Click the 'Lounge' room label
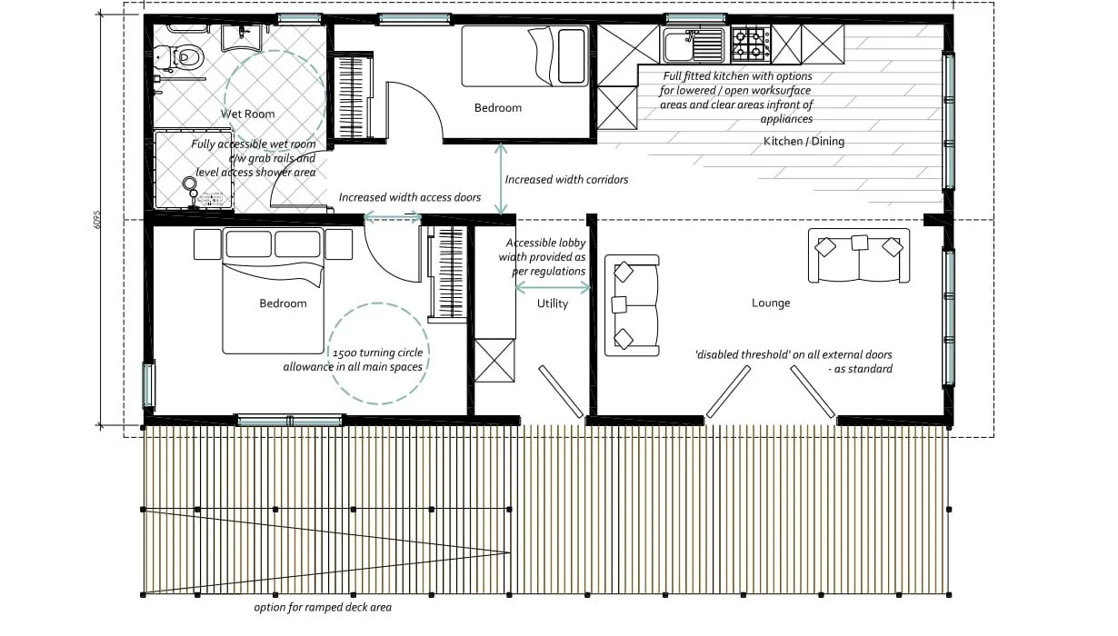771,303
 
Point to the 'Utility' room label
552,303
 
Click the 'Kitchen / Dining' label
804,141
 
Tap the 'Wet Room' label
248,114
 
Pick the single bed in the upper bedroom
524,56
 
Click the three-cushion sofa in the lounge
859,254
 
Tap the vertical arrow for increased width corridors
501,179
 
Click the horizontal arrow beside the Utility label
552,287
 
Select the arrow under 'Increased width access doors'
393,217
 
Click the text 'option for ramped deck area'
323,607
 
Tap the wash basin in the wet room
242,35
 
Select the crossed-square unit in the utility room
494,359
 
